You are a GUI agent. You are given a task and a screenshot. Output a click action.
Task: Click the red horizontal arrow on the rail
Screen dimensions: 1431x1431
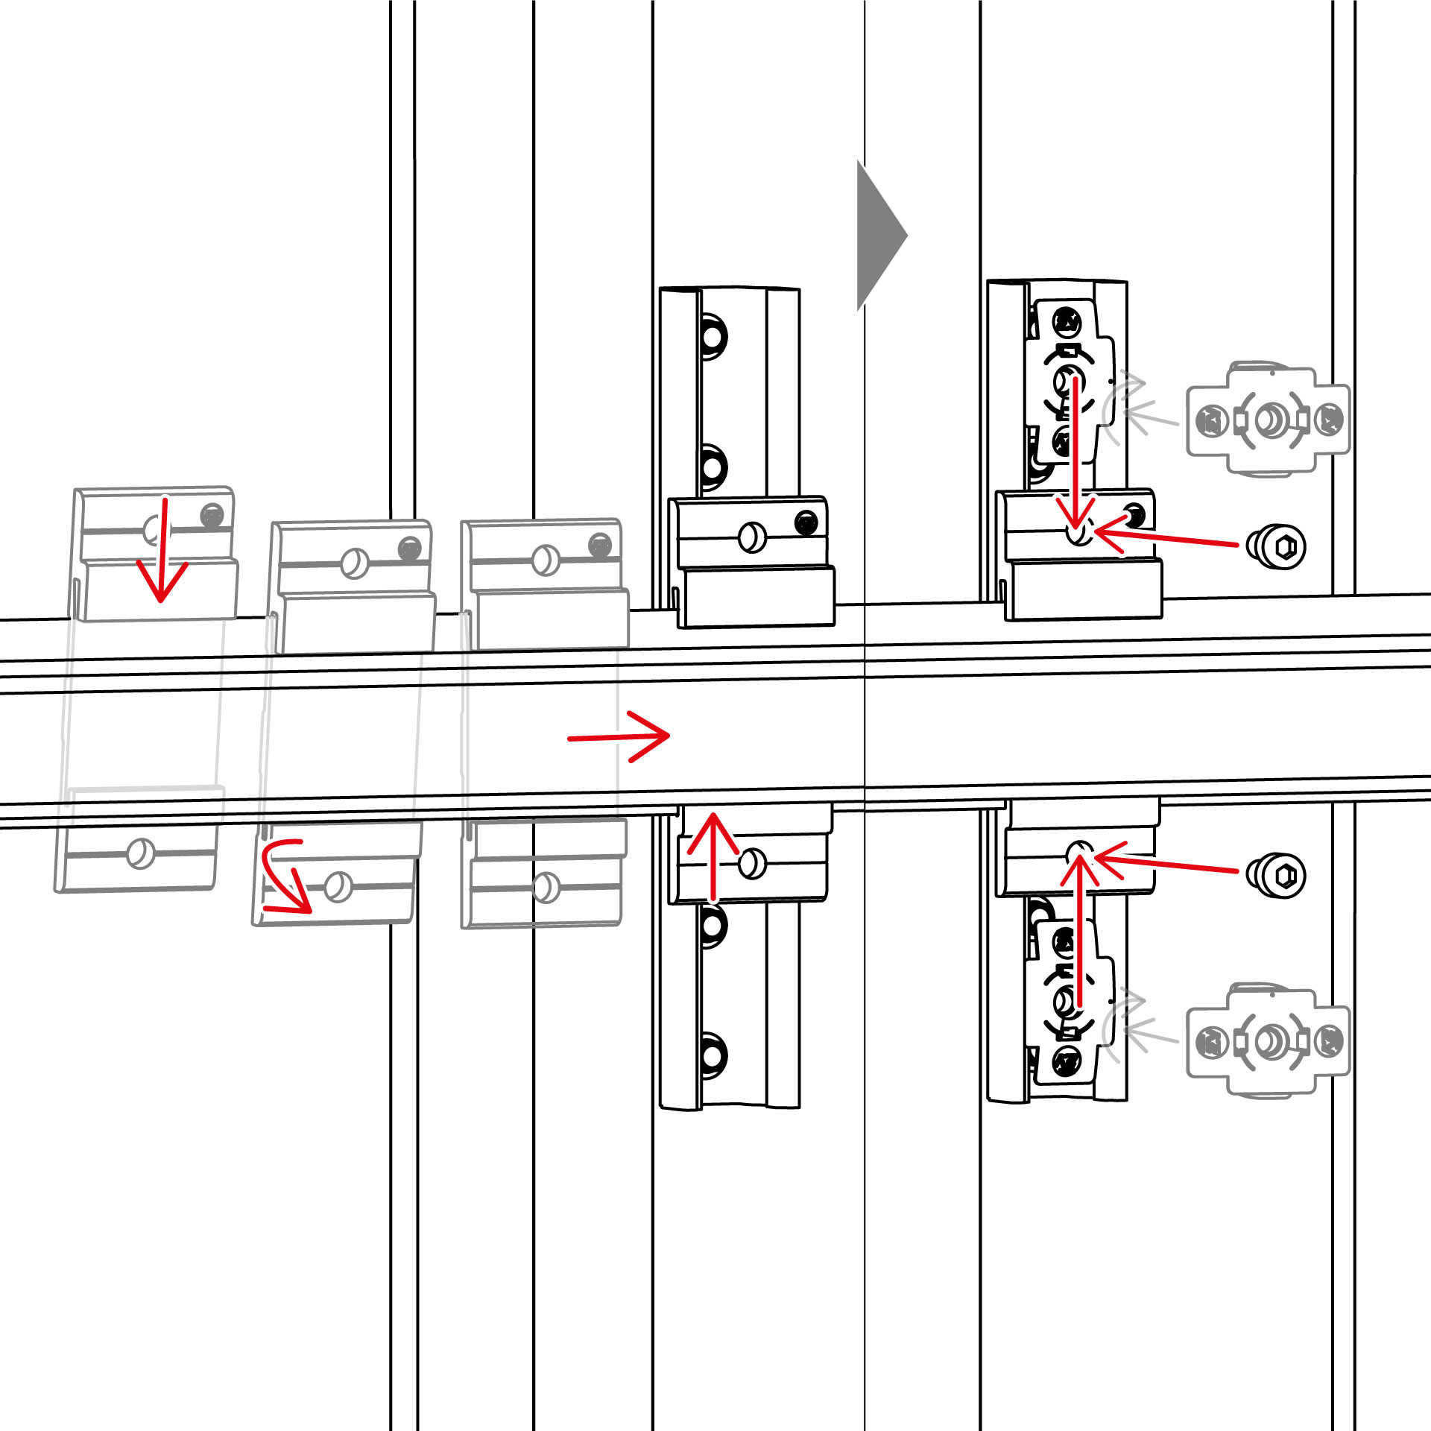(619, 737)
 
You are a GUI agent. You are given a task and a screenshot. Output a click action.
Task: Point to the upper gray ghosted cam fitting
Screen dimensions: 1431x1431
(1268, 420)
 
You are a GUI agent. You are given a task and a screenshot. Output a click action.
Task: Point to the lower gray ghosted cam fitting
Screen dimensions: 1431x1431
(1268, 1041)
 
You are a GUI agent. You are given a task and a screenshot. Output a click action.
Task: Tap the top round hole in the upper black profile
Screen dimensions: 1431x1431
(713, 336)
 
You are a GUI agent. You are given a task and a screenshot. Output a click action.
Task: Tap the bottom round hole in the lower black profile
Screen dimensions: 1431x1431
(712, 1055)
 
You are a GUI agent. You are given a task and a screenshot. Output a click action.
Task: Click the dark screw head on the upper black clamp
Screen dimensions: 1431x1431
(806, 522)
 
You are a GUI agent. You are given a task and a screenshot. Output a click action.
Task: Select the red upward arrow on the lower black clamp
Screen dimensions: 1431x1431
(713, 857)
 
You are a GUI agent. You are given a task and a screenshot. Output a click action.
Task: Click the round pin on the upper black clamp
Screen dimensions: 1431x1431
(751, 537)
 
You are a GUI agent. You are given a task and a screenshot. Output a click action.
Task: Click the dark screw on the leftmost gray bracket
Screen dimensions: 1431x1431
(212, 514)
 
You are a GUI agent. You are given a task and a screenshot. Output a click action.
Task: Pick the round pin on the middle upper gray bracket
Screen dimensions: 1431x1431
(355, 563)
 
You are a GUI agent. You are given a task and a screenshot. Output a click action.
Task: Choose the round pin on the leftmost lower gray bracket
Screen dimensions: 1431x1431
(140, 853)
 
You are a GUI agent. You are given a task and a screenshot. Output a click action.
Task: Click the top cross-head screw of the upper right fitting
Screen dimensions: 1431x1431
(1067, 323)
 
